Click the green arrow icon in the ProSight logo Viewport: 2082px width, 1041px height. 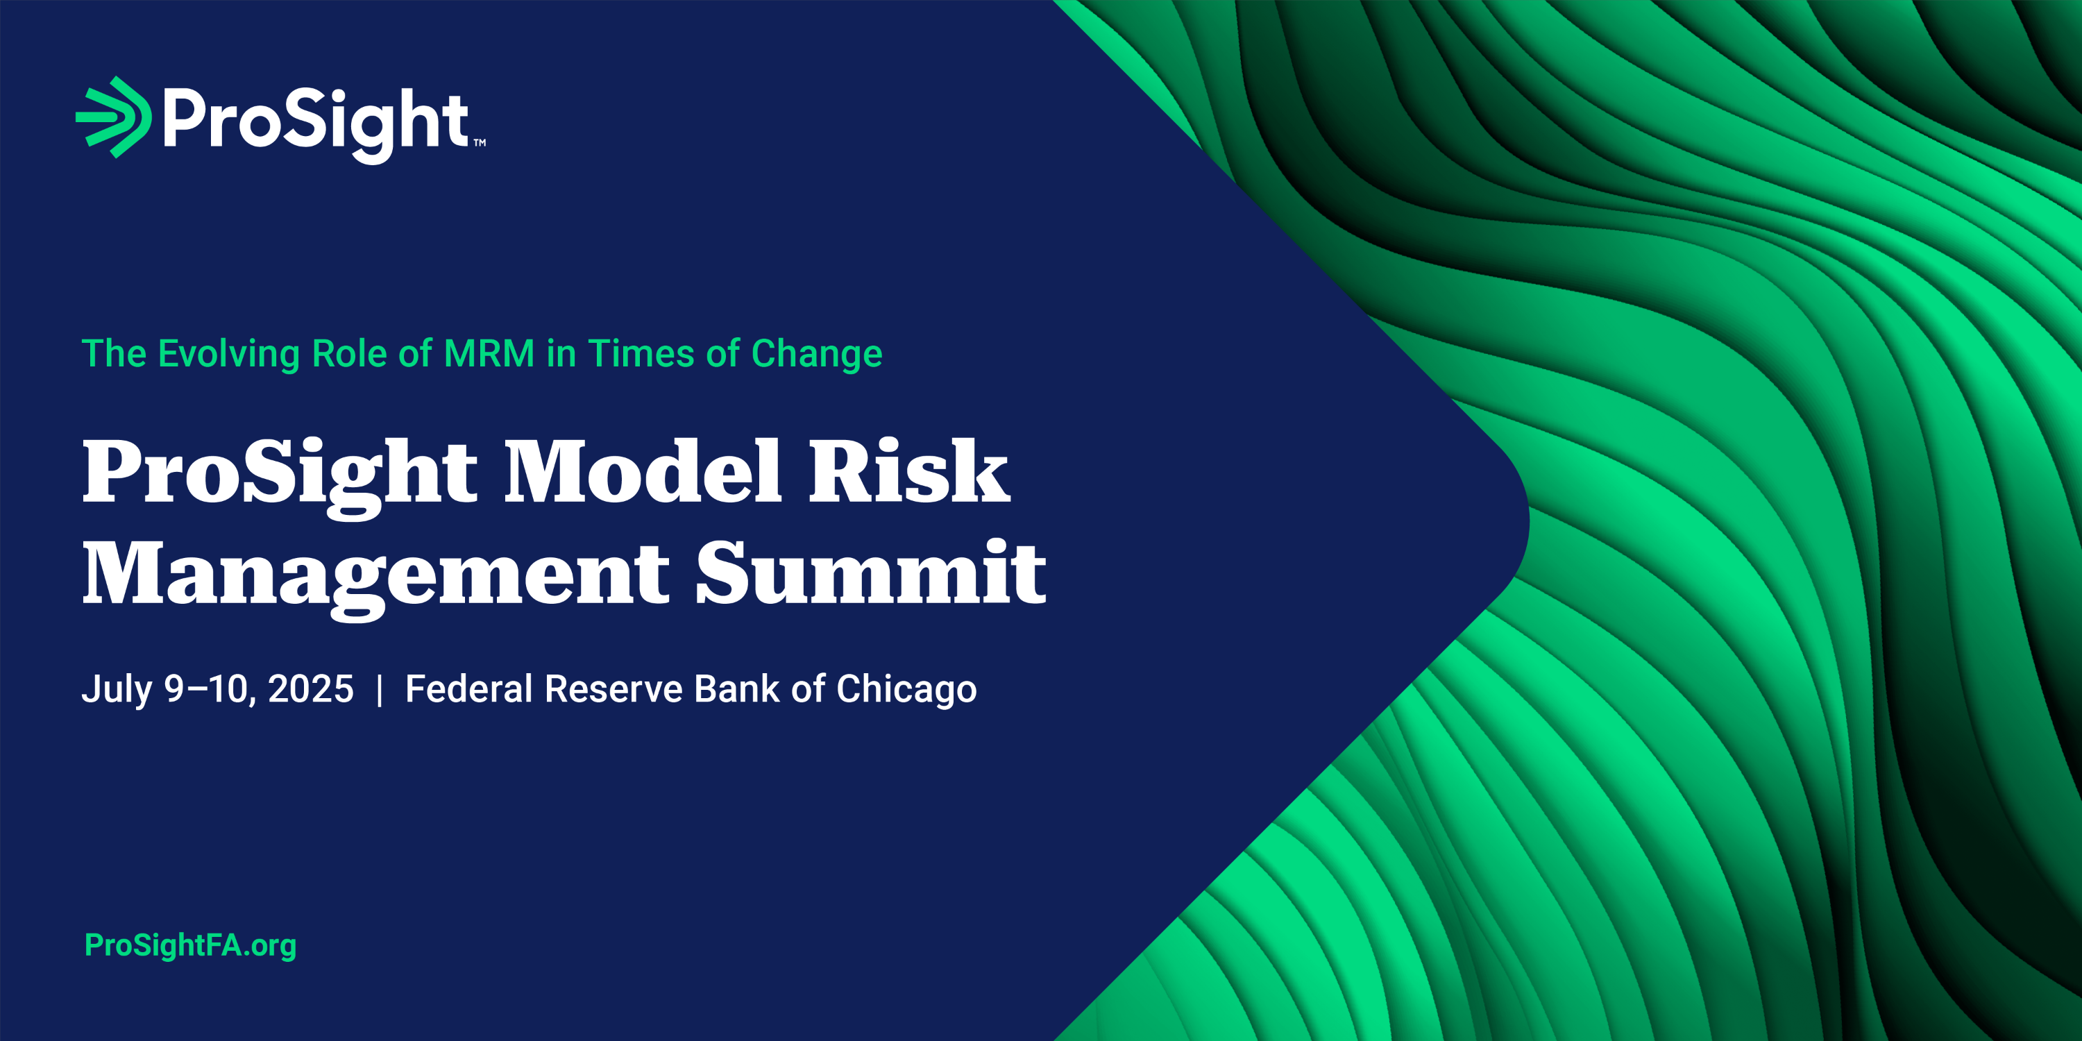(x=114, y=117)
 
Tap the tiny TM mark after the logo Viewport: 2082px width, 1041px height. (x=480, y=143)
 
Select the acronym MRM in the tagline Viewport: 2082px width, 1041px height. (x=489, y=354)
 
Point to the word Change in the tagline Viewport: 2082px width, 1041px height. (x=816, y=355)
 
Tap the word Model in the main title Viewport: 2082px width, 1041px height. (x=643, y=471)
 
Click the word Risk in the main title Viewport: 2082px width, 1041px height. (x=909, y=471)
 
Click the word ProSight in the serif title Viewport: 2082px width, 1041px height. (x=280, y=477)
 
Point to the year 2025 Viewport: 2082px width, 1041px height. (x=310, y=689)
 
